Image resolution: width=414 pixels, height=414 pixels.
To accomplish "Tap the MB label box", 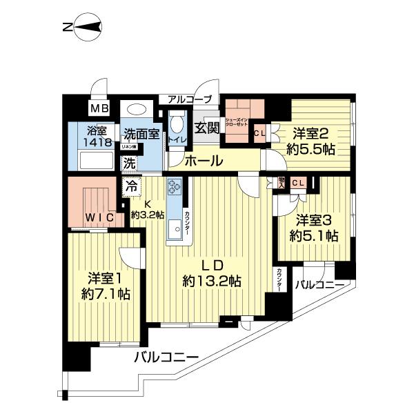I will (x=100, y=109).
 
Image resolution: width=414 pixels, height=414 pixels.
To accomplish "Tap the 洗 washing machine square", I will (x=129, y=164).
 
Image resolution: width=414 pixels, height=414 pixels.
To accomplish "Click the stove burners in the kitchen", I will (x=174, y=186).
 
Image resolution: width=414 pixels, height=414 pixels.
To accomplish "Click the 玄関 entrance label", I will (x=206, y=128).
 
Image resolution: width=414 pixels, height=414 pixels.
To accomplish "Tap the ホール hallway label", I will (x=204, y=161).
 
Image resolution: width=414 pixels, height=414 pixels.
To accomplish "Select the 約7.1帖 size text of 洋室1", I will (x=105, y=293).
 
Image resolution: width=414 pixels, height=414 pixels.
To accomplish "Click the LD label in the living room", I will (x=211, y=264).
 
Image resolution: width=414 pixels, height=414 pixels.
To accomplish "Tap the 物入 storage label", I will (x=281, y=182).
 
